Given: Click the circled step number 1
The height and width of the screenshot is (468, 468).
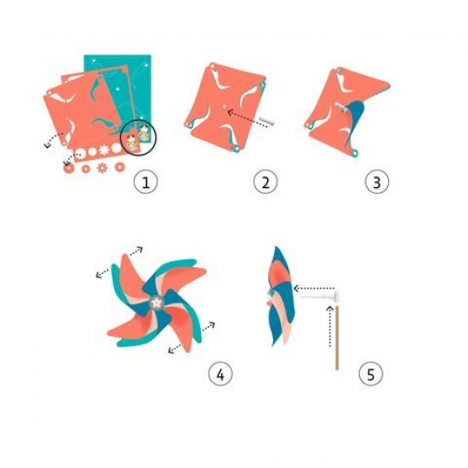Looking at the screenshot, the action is tap(146, 182).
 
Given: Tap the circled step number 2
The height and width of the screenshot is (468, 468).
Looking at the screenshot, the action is tap(265, 182).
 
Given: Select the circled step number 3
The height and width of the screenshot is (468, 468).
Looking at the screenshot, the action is tap(377, 182).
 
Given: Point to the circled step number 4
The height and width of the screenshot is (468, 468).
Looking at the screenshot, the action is tap(220, 374).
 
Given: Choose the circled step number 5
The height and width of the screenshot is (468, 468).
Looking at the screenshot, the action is tap(370, 374).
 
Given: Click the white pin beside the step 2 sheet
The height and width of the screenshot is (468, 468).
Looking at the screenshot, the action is tap(267, 121).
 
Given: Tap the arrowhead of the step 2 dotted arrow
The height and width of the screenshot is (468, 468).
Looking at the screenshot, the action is tap(230, 112).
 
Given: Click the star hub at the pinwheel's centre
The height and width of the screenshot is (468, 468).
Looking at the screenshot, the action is tap(156, 303).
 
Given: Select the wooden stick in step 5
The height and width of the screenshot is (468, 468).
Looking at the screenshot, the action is tap(337, 338).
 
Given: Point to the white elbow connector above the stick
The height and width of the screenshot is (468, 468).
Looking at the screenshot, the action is tap(334, 297).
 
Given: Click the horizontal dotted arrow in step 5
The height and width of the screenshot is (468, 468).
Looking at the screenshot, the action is tap(314, 288).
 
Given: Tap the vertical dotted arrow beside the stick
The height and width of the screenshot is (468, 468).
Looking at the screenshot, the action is tap(330, 326).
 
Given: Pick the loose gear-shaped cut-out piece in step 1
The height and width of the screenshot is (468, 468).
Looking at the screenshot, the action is tap(102, 168).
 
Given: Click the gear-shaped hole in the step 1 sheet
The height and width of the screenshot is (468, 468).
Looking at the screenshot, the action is tap(104, 150).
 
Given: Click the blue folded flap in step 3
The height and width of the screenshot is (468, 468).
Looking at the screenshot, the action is tap(353, 121).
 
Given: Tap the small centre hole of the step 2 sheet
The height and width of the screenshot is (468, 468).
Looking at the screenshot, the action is tap(224, 106).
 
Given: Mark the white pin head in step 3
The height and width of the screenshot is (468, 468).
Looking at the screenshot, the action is tap(340, 107).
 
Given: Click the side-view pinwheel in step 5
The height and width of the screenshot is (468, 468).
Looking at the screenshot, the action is tap(281, 295).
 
